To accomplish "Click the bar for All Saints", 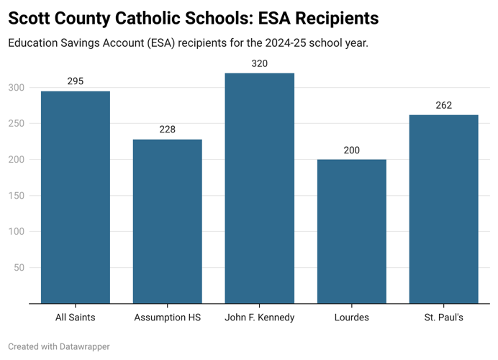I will tap(76, 197).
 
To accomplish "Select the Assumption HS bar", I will tap(167, 221).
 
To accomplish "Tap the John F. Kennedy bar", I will tap(259, 188).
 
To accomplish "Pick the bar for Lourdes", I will tap(351, 231).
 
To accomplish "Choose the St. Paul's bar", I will tap(443, 209).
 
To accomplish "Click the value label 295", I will tap(76, 81).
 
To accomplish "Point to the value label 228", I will tap(167, 130).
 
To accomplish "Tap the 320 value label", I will tap(259, 63).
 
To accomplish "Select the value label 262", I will tap(443, 105).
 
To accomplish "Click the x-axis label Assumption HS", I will tap(167, 318).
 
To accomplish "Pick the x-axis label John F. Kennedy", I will tap(259, 318).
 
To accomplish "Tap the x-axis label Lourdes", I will tap(351, 318).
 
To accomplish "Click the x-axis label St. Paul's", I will tap(443, 318).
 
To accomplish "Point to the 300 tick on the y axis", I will tap(17, 88).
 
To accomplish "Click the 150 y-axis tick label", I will tap(17, 196).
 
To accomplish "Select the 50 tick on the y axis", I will tap(19, 268).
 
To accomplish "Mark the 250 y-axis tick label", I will tap(17, 124).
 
